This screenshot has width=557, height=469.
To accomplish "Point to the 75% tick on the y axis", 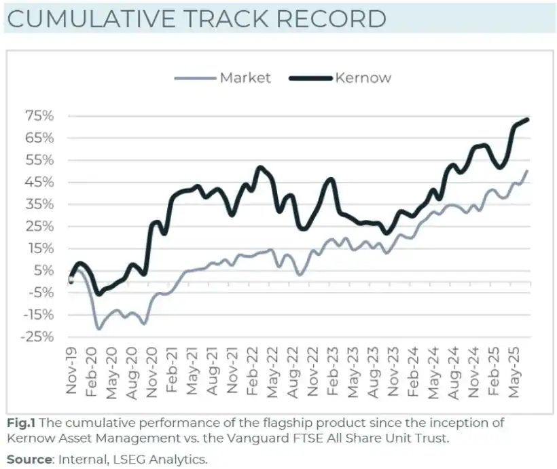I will pyautogui.click(x=40, y=116).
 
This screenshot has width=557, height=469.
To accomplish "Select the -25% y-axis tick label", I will pyautogui.click(x=37, y=337).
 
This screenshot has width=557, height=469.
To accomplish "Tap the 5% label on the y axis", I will pyautogui.click(x=43, y=271).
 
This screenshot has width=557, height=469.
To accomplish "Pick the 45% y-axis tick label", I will pyautogui.click(x=40, y=183).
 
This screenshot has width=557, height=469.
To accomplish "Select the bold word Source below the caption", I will pyautogui.click(x=29, y=459).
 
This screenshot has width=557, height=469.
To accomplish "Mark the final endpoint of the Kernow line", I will pyautogui.click(x=528, y=119).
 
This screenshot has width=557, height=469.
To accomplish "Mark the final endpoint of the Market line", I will pyautogui.click(x=527, y=171).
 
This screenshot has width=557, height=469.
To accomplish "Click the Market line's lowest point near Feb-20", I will pyautogui.click(x=99, y=329).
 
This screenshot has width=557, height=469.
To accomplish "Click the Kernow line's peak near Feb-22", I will pyautogui.click(x=259, y=168).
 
